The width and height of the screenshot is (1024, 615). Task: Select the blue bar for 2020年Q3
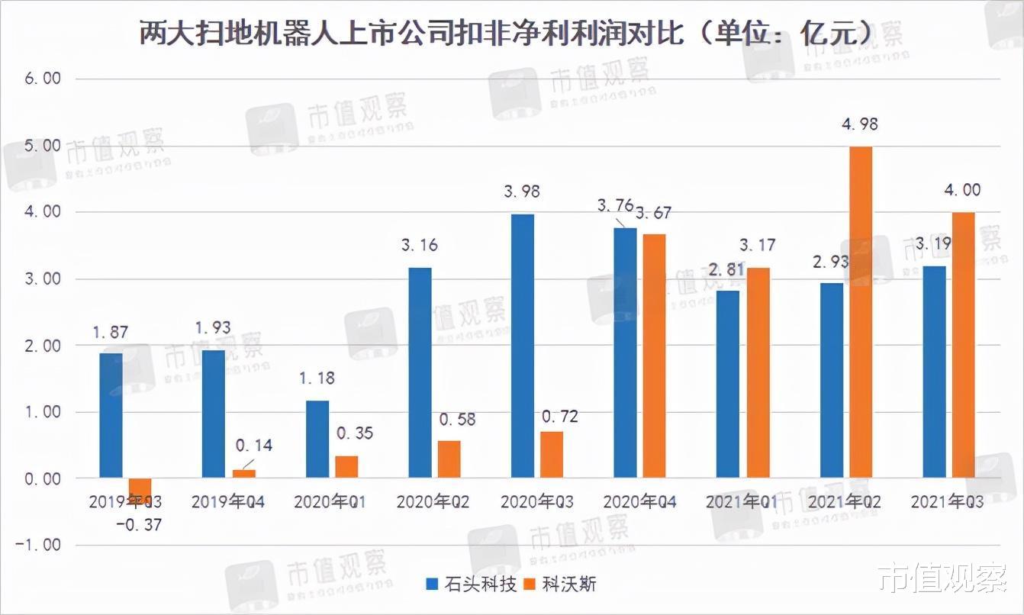[523, 346]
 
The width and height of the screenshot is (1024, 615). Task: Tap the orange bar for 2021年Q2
[861, 312]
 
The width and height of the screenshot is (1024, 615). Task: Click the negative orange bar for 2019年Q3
[140, 489]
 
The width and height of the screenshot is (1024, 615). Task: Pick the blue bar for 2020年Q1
[317, 440]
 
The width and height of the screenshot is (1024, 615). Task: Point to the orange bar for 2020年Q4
[654, 356]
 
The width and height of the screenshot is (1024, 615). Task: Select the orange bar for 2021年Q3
[964, 345]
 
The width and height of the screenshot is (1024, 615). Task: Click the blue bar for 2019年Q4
[214, 414]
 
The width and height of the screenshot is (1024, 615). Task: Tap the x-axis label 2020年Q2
[433, 502]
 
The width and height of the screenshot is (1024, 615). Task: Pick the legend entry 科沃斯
[561, 584]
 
